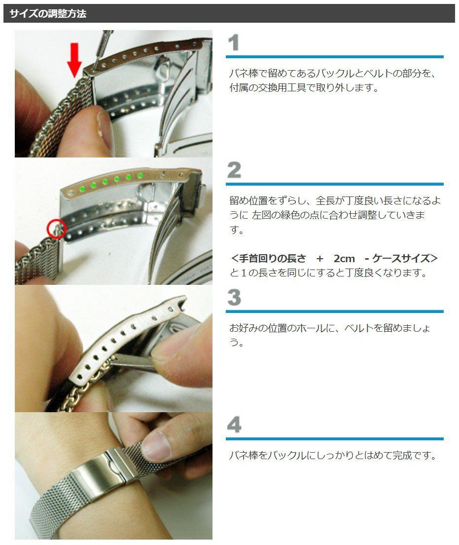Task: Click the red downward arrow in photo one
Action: [x=74, y=60]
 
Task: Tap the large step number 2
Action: [x=234, y=170]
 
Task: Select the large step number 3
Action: [x=234, y=298]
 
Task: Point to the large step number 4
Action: [x=234, y=425]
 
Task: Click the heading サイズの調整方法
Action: [x=48, y=13]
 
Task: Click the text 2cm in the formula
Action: [x=344, y=259]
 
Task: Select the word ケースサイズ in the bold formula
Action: [x=401, y=259]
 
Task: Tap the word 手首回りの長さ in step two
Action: [x=273, y=259]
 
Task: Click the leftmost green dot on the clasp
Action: [x=82, y=189]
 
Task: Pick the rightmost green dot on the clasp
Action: [x=141, y=176]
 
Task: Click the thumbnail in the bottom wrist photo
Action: [x=156, y=445]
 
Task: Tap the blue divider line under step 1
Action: [x=335, y=57]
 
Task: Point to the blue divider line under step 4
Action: [x=335, y=439]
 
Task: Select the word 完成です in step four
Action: [x=414, y=455]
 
